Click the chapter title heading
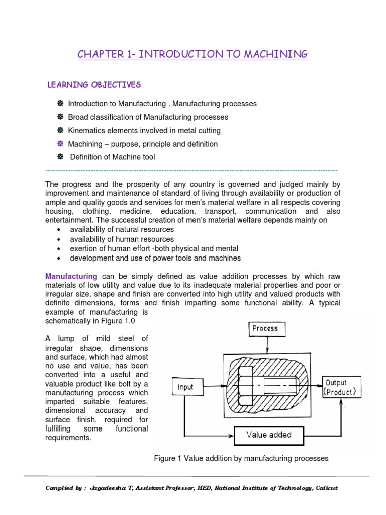[x=192, y=54]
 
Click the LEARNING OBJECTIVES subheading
[x=94, y=84]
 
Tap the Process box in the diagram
[x=265, y=328]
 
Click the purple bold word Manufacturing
[x=71, y=276]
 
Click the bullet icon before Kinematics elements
[x=60, y=130]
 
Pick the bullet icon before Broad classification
[x=60, y=117]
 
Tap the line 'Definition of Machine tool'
[x=113, y=157]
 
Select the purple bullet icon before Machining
[x=60, y=144]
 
